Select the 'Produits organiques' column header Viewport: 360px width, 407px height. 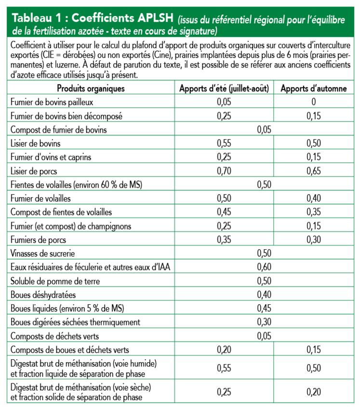pyautogui.click(x=91, y=88)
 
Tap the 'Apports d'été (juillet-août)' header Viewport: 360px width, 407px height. pyautogui.click(x=224, y=88)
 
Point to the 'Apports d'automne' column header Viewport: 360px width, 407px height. pyautogui.click(x=314, y=88)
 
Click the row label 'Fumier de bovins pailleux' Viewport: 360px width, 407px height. pyautogui.click(x=55, y=102)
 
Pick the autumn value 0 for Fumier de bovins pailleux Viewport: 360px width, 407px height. pyautogui.click(x=314, y=102)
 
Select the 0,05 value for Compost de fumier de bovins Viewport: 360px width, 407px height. pyautogui.click(x=264, y=129)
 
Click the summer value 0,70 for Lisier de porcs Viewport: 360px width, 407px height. pyautogui.click(x=224, y=170)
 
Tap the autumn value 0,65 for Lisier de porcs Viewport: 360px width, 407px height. pyautogui.click(x=314, y=170)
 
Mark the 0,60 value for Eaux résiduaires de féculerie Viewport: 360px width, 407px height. pyautogui.click(x=264, y=266)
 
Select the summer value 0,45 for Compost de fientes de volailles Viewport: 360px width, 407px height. pyautogui.click(x=224, y=212)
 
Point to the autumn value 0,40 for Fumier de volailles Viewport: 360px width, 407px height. pyautogui.click(x=314, y=198)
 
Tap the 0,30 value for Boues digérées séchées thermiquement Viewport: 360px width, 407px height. pyautogui.click(x=264, y=321)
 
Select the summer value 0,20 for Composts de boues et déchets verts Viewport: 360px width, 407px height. pyautogui.click(x=224, y=349)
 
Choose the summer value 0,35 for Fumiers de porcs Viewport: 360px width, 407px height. pyautogui.click(x=224, y=239)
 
